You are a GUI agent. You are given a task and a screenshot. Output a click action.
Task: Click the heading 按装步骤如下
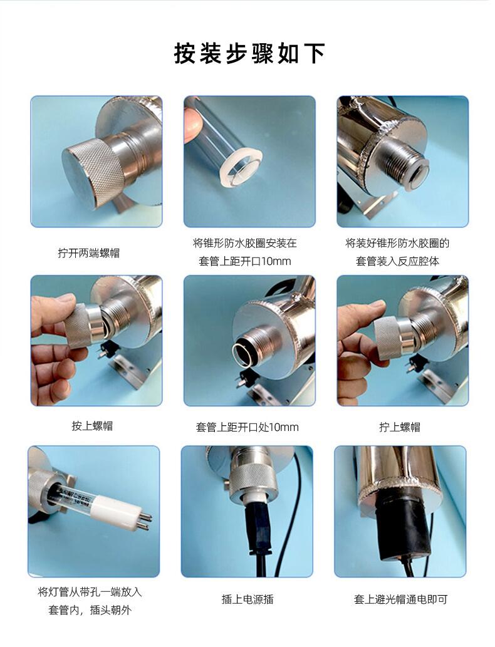point(249,53)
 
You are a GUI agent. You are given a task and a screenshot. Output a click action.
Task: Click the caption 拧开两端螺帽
point(89,252)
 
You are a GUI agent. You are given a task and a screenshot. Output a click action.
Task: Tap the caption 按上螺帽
point(92,425)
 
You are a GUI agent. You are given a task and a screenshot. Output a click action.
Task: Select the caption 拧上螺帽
point(400,427)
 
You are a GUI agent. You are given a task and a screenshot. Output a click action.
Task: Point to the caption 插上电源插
point(247,599)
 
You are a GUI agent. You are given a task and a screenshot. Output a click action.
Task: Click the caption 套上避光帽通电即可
point(400,599)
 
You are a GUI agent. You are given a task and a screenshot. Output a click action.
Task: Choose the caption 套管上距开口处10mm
point(247,427)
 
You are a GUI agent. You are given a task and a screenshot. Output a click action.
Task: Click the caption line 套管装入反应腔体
point(397,261)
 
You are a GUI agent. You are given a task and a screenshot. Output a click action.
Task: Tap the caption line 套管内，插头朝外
point(90,610)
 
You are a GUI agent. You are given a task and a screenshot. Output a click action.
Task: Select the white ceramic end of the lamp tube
point(125,512)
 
